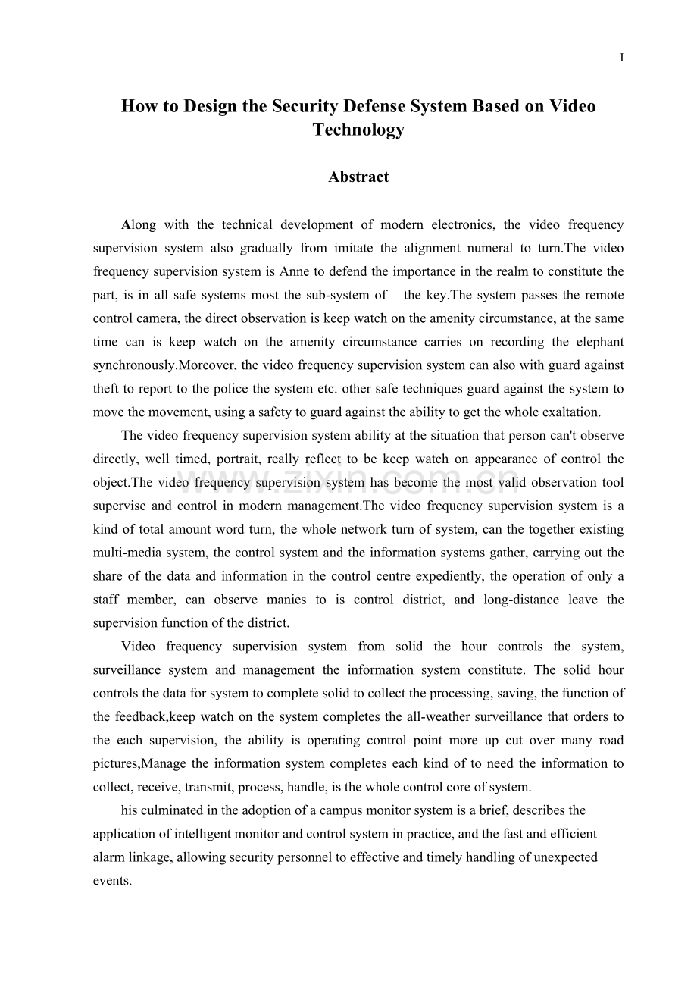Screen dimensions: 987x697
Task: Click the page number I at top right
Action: tap(622, 58)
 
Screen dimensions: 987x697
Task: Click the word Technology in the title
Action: tap(358, 130)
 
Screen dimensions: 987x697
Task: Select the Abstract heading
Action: tap(358, 177)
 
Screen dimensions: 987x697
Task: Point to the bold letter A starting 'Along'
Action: tap(126, 224)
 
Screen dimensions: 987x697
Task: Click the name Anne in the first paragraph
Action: tap(295, 271)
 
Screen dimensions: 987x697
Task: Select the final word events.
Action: tap(111, 882)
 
